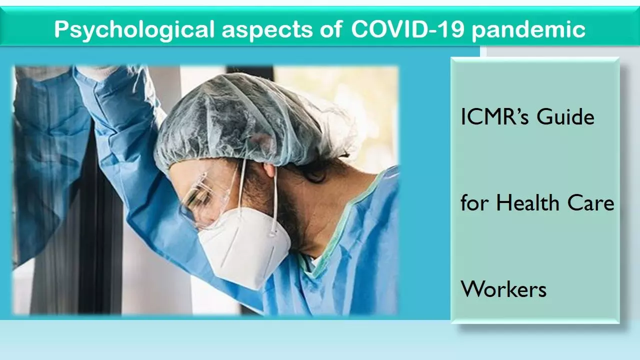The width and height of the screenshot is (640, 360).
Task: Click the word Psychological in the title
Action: (134, 29)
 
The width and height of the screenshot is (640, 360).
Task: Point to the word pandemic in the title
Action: (528, 29)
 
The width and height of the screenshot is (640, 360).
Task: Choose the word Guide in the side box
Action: (565, 116)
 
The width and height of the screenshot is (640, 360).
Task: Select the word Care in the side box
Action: (590, 203)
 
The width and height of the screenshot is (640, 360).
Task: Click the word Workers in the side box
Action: (503, 289)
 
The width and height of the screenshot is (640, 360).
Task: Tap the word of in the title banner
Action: (331, 29)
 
